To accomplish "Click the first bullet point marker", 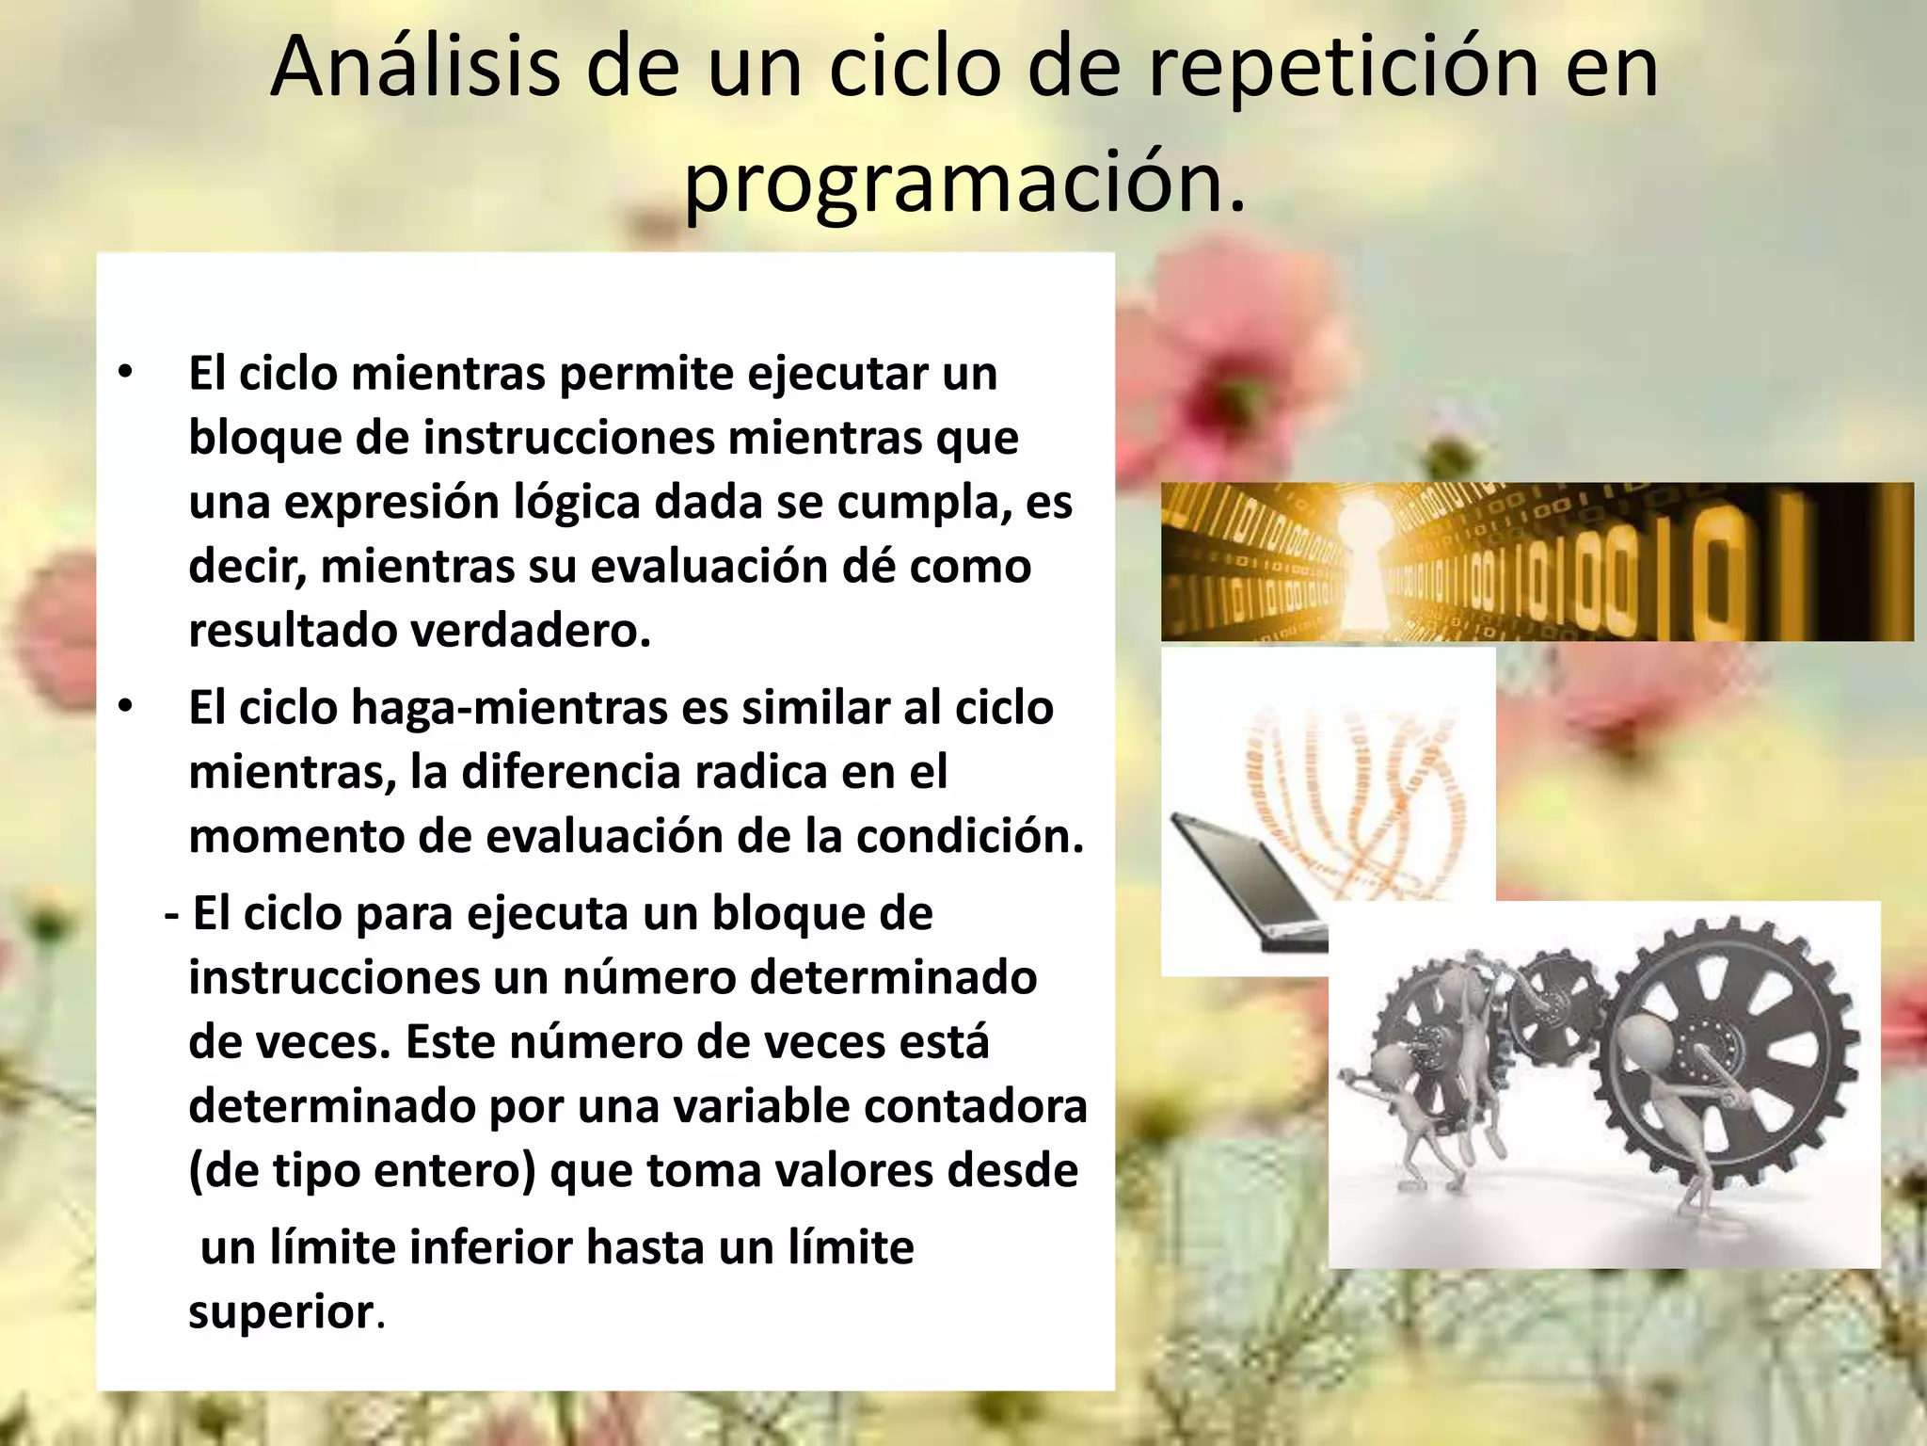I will coord(125,373).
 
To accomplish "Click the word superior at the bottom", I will coord(281,1311).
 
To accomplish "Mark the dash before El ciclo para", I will coord(171,914).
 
